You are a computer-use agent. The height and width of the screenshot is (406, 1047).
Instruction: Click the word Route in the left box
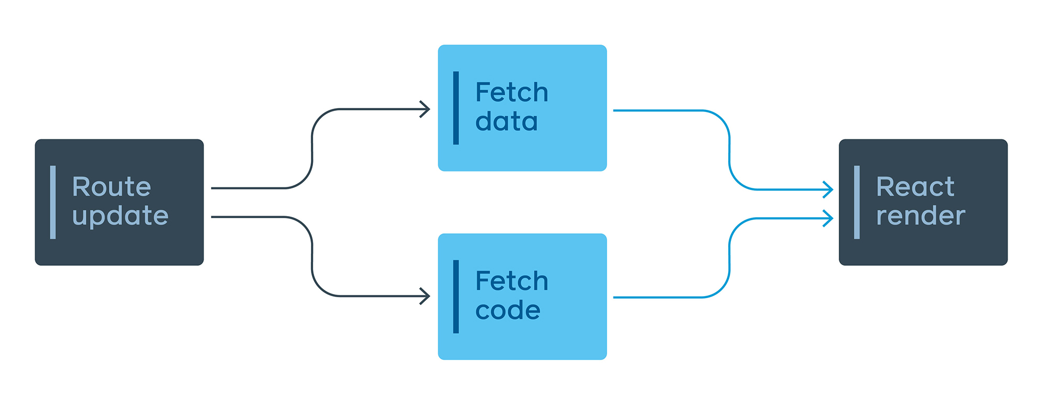tap(112, 187)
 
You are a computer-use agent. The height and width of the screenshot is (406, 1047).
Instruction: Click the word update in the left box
tap(120, 216)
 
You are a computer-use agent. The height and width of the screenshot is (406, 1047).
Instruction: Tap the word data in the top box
tap(506, 122)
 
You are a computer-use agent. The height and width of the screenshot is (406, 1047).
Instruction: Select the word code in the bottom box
tap(507, 310)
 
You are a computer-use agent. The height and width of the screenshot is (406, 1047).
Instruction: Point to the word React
tap(915, 187)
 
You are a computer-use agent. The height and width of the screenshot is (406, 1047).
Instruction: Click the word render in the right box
tap(920, 216)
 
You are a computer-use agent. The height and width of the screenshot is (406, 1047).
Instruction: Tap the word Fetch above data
tap(511, 93)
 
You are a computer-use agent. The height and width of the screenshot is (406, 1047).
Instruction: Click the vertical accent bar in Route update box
tap(53, 202)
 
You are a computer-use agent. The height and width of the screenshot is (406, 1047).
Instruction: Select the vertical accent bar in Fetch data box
tap(456, 108)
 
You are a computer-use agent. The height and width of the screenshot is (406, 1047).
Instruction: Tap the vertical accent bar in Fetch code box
tap(456, 296)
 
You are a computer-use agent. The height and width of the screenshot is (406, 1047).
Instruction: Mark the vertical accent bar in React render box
tap(857, 202)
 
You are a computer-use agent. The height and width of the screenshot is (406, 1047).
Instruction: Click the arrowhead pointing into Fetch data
tap(426, 109)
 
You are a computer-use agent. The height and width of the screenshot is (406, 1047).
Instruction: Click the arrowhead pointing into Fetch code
tap(426, 296)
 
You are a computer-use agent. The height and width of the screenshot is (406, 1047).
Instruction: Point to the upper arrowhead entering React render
tap(829, 189)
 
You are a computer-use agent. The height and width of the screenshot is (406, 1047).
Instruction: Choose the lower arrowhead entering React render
tap(829, 218)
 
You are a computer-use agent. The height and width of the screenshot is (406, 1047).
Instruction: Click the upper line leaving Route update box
tap(246, 188)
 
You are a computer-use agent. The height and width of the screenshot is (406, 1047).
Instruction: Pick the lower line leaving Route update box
tap(246, 217)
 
